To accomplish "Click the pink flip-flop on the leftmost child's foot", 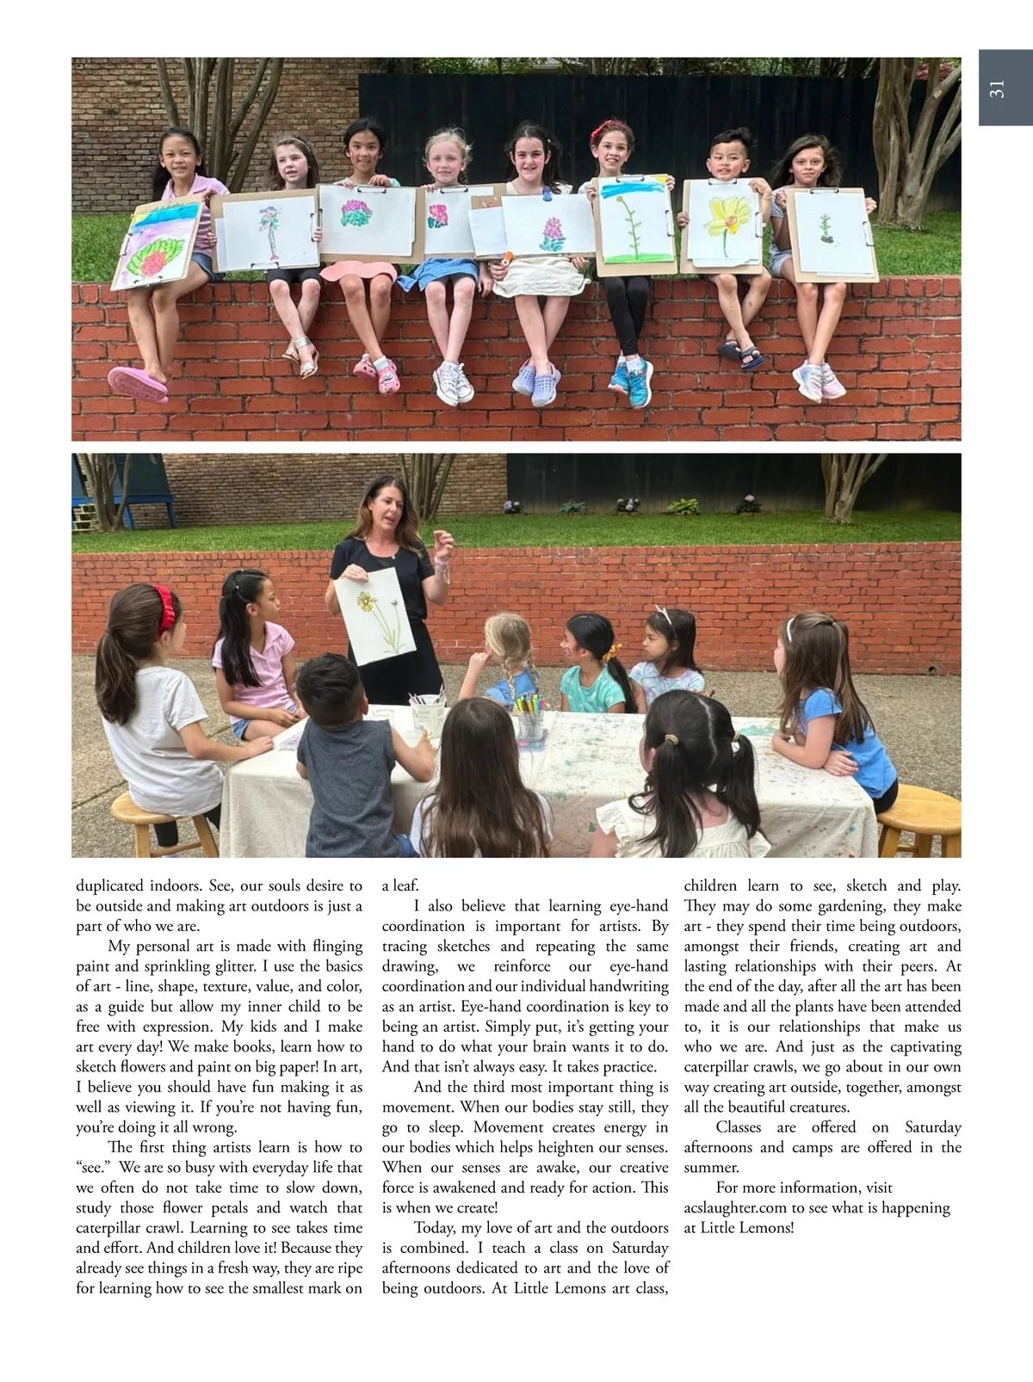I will pyautogui.click(x=138, y=382).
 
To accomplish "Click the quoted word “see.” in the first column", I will pyautogui.click(x=93, y=1168).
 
